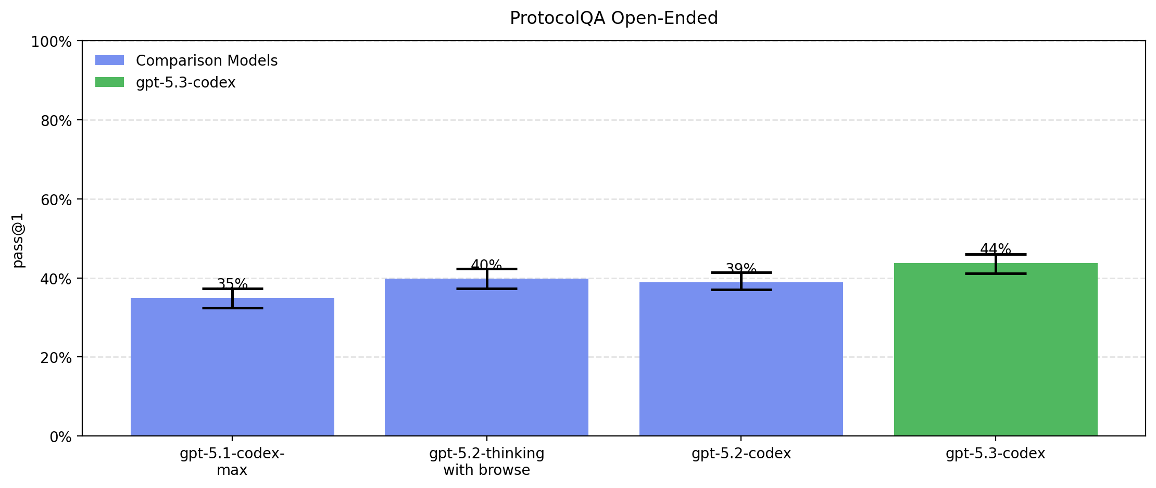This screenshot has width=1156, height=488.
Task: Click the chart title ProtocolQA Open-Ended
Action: point(613,18)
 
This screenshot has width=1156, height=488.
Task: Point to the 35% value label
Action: point(232,284)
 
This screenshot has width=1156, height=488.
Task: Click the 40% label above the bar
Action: point(486,265)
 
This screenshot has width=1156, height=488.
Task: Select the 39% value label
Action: point(741,268)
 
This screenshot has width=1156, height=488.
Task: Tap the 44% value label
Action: point(996,249)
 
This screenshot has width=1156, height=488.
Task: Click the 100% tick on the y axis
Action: point(51,42)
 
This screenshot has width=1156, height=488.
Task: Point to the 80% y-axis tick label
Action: point(55,121)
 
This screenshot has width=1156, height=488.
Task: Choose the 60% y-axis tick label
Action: point(55,200)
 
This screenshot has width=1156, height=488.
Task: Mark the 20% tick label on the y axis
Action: point(55,358)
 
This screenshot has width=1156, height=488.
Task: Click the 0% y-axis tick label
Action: point(60,437)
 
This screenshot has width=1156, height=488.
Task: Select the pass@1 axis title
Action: point(19,241)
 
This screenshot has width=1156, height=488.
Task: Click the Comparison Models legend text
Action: point(207,61)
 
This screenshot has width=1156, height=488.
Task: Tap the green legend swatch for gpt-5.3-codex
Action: point(109,82)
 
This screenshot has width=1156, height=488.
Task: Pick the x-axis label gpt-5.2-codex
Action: point(741,454)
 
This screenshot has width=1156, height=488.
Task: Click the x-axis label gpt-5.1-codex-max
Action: point(232,461)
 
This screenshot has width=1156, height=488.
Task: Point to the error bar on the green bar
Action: point(996,264)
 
